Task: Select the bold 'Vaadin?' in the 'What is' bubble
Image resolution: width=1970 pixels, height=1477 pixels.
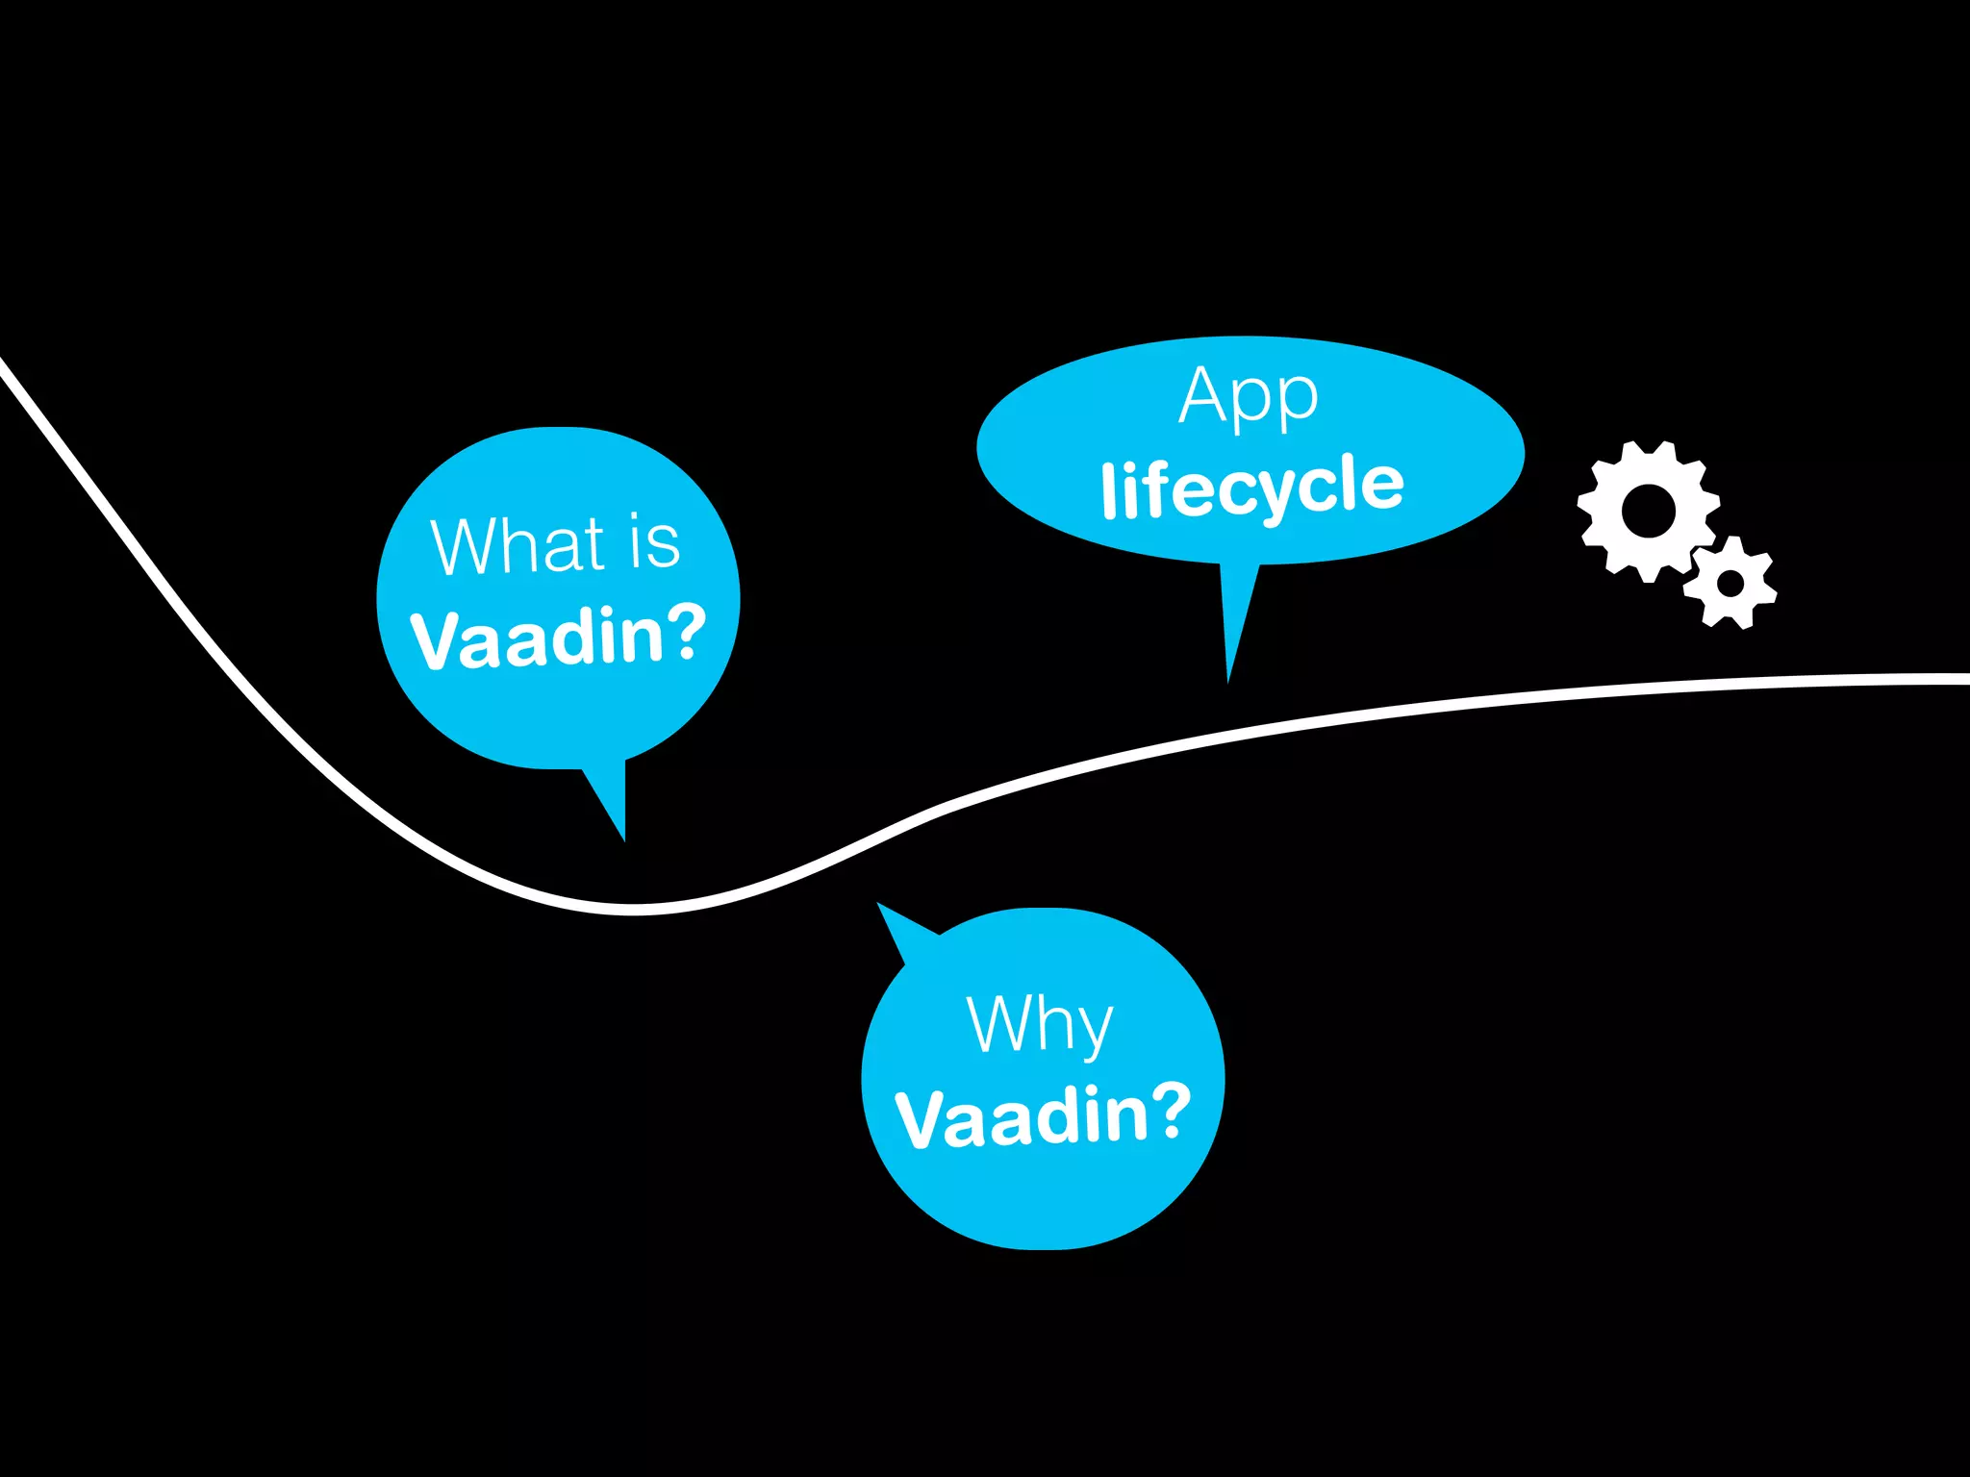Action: click(558, 638)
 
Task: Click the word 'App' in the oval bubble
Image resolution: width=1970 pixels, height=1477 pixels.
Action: click(1249, 396)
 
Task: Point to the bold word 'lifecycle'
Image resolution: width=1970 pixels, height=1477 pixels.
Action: click(1252, 487)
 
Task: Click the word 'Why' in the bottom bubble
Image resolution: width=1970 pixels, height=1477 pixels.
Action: click(1040, 1026)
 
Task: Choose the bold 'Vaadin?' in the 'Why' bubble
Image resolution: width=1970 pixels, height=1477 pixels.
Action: click(1043, 1116)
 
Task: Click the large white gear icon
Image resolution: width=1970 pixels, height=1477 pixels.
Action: click(1648, 511)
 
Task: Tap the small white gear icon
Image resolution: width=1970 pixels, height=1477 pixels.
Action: click(1730, 583)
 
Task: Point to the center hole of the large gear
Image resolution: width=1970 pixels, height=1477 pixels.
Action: click(1648, 511)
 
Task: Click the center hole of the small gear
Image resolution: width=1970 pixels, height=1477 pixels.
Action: click(1730, 583)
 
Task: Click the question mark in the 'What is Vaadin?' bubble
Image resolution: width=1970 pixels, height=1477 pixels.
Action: click(685, 633)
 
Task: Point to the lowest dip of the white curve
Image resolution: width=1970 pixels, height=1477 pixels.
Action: click(635, 908)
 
